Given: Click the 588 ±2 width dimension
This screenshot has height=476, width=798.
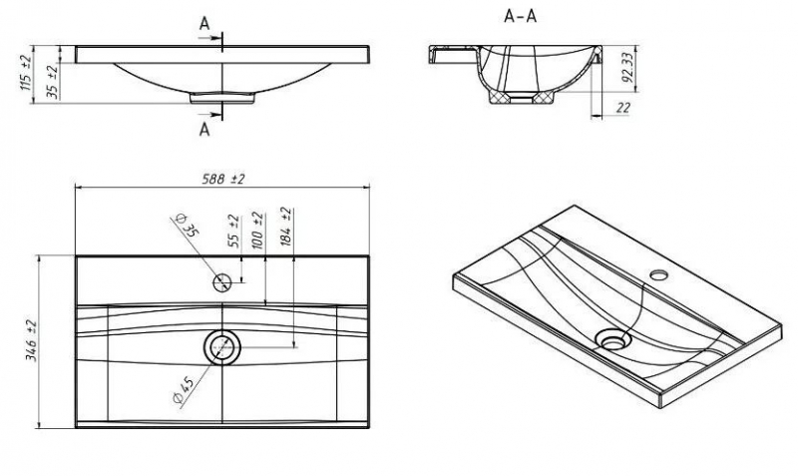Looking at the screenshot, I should tap(224, 178).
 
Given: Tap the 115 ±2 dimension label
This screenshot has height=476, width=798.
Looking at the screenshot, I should tap(25, 72).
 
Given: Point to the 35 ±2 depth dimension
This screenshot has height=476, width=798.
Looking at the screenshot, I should tap(52, 80).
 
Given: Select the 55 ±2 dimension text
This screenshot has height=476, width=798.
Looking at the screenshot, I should tap(232, 230).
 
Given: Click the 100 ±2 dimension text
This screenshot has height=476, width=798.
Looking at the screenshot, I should tap(258, 229).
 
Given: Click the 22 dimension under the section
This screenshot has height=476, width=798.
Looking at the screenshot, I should tap(622, 108).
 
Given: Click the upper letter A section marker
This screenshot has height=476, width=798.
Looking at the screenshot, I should tap(204, 23).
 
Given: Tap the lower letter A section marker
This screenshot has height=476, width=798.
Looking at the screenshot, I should tap(204, 128).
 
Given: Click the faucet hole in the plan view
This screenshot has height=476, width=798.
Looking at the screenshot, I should tap(222, 282).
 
